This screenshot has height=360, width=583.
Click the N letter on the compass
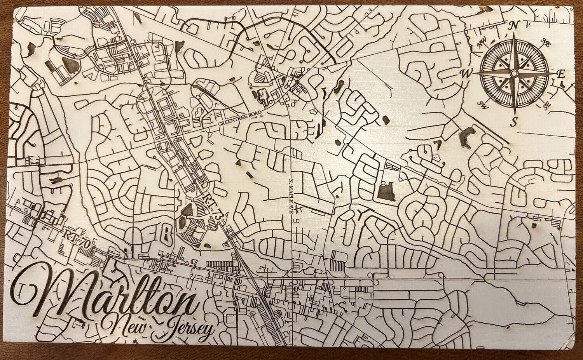pyautogui.click(x=514, y=25)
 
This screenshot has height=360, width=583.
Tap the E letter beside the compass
pyautogui.click(x=561, y=75)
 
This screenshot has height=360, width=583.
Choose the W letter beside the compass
pyautogui.click(x=465, y=73)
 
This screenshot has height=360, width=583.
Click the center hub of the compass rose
pyautogui.click(x=513, y=73)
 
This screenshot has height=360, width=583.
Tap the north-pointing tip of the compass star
pyautogui.click(x=514, y=33)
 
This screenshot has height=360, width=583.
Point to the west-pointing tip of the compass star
pyautogui.click(x=473, y=73)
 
